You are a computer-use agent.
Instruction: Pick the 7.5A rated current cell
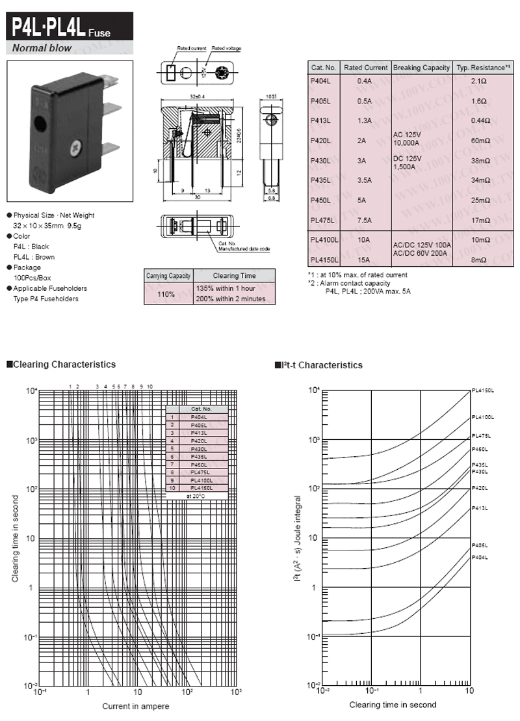(364, 220)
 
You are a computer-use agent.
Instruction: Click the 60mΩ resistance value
(480, 141)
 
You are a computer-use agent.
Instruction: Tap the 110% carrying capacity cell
(166, 293)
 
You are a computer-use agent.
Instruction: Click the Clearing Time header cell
(235, 276)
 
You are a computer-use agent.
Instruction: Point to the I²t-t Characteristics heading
(322, 365)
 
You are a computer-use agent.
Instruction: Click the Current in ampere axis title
(136, 706)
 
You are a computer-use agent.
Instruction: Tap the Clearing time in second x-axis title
(393, 705)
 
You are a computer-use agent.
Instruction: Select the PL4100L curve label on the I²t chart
(483, 417)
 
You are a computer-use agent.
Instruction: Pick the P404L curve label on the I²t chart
(480, 558)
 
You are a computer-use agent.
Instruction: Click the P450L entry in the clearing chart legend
(199, 465)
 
